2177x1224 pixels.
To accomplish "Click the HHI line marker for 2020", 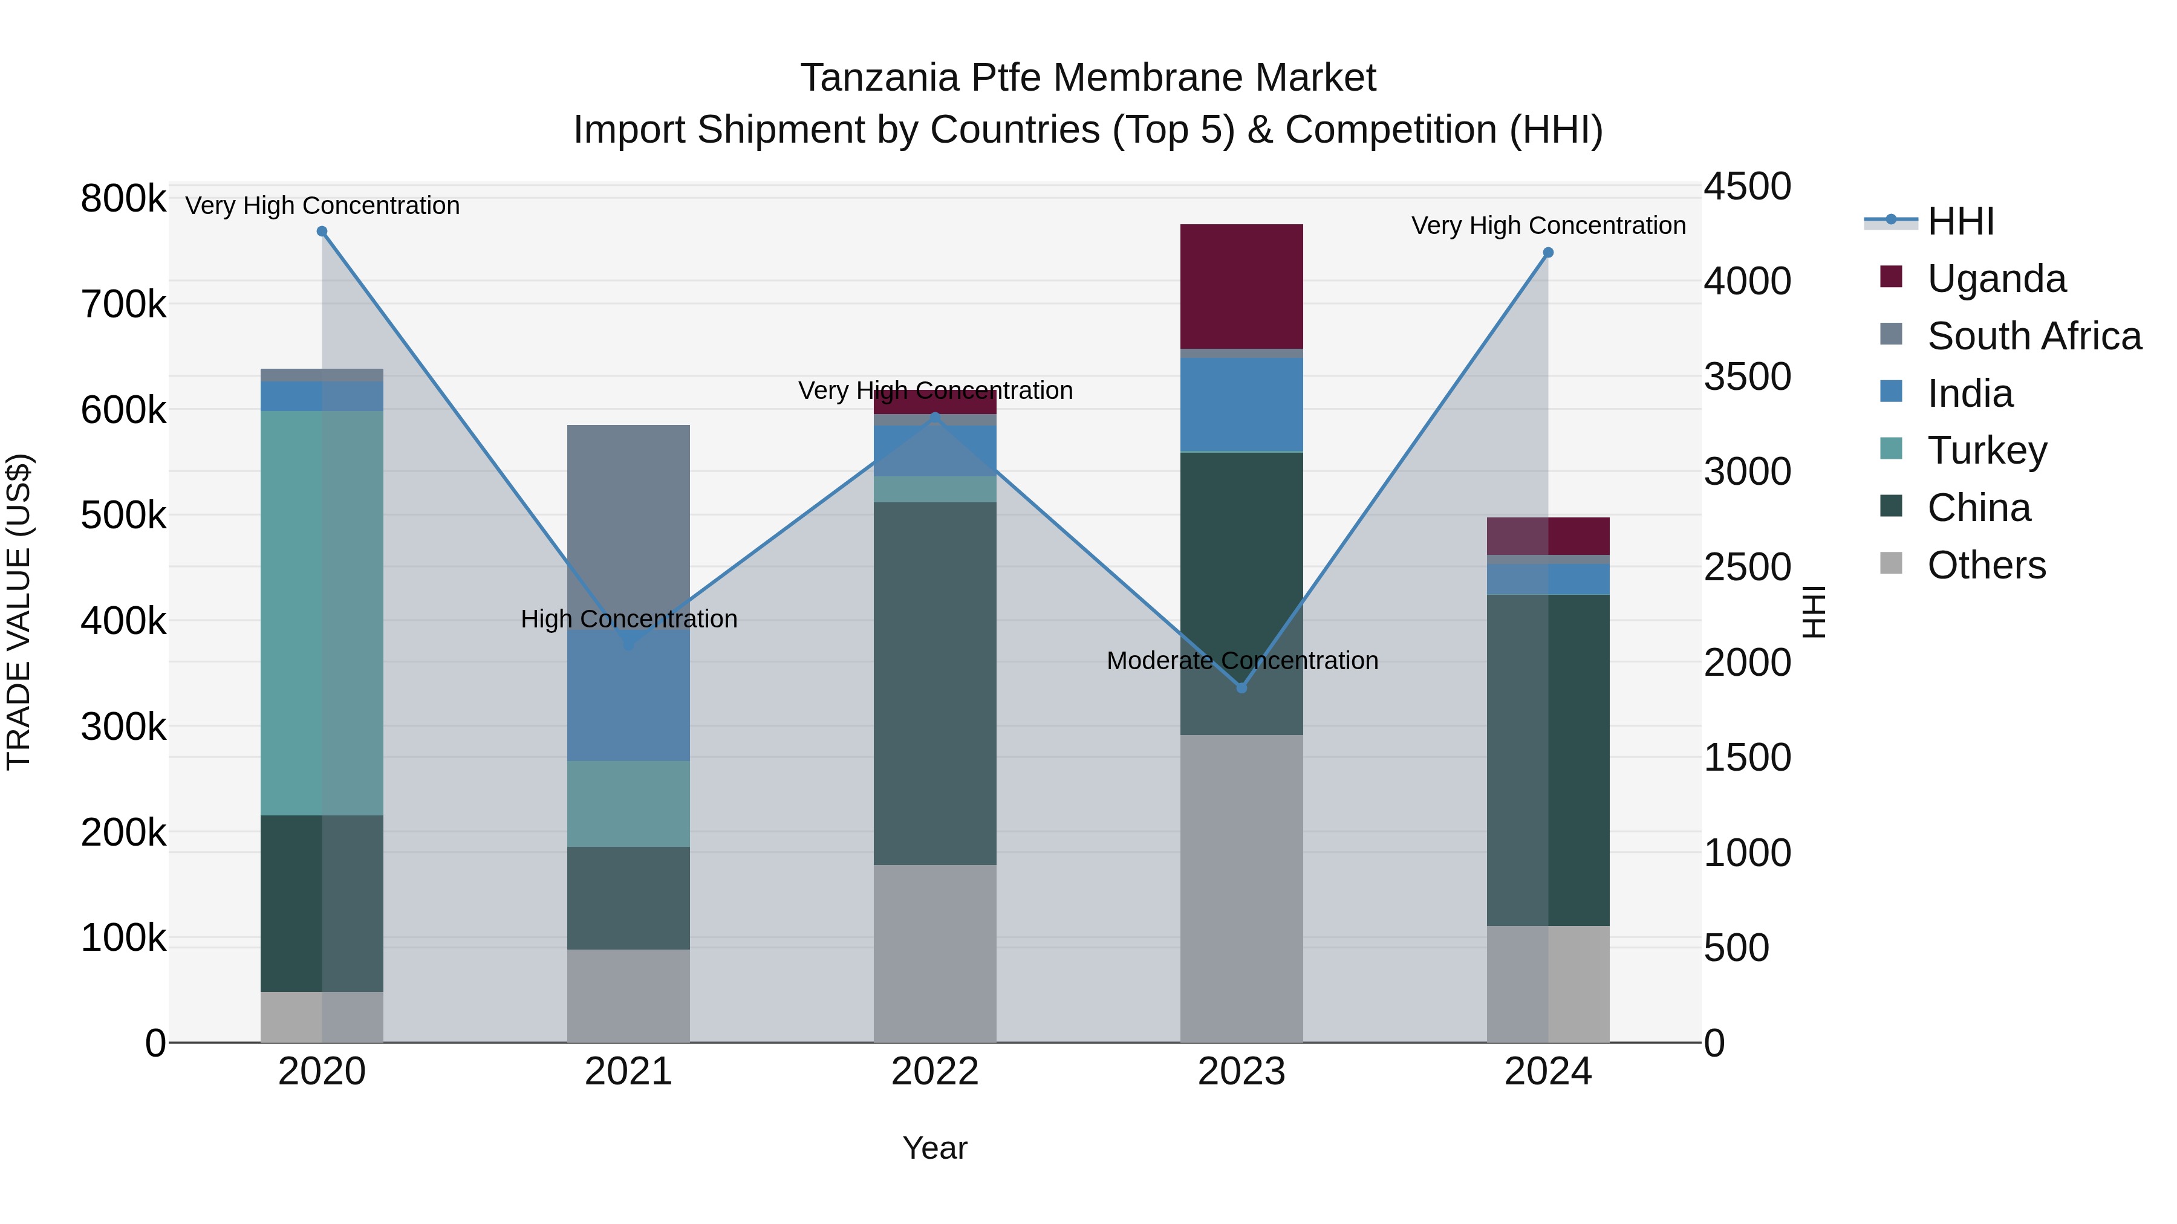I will [x=322, y=232].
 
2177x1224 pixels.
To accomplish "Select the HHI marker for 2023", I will [x=1241, y=688].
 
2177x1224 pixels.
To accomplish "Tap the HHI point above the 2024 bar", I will [x=1548, y=253].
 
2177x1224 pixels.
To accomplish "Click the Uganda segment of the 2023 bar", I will [x=1241, y=287].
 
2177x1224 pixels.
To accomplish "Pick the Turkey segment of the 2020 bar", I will [x=322, y=612].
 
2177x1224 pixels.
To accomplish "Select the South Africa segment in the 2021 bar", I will [x=628, y=523].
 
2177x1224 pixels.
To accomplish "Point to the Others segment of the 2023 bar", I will [x=1241, y=887].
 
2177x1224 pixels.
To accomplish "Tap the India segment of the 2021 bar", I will [x=628, y=697].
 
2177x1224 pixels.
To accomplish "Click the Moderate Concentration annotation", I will [x=1241, y=661].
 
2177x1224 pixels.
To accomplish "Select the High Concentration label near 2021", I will [x=629, y=619].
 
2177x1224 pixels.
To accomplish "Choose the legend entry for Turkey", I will [x=1986, y=450].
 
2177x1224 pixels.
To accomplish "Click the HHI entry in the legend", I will [x=1960, y=221].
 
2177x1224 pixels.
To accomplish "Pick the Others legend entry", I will [x=1986, y=565].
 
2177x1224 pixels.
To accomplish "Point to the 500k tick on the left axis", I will [x=123, y=515].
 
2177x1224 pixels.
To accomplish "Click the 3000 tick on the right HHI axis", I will [x=1746, y=471].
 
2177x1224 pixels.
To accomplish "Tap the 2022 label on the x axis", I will [x=935, y=1072].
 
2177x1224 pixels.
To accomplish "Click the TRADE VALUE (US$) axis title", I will [x=19, y=612].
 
